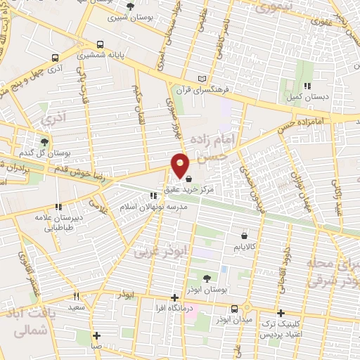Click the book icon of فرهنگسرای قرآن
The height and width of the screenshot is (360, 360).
pyautogui.click(x=203, y=77)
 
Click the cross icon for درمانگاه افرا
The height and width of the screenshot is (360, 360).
pyautogui.click(x=174, y=297)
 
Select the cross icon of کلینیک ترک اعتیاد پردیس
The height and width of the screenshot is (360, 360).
pyautogui.click(x=281, y=314)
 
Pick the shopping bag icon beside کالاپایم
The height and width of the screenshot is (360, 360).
pyautogui.click(x=244, y=236)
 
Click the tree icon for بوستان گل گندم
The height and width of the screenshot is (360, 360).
pyautogui.click(x=44, y=142)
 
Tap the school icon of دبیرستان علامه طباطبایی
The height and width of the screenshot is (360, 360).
pyautogui.click(x=59, y=207)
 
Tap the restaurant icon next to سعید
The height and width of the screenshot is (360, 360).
pyautogui.click(x=77, y=297)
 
